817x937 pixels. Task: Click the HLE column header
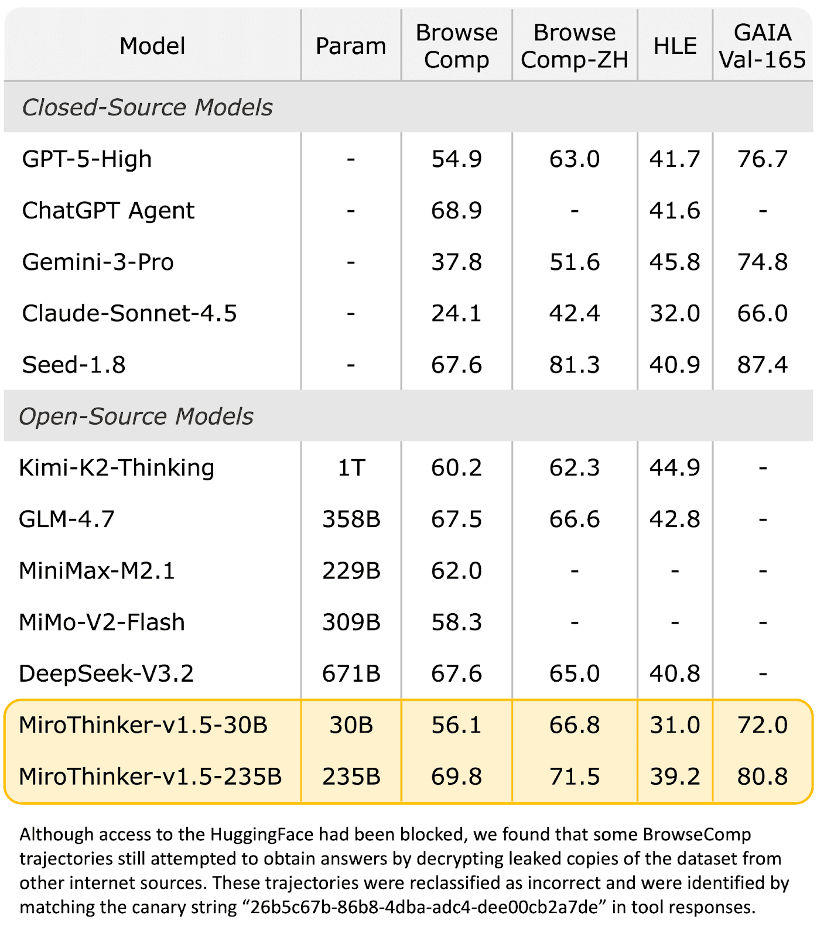(x=675, y=46)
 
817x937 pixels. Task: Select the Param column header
(x=351, y=46)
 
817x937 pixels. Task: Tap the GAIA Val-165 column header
(x=762, y=46)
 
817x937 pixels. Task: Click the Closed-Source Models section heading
(x=147, y=107)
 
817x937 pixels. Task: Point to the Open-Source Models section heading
(x=136, y=416)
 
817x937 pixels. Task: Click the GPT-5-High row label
(x=87, y=159)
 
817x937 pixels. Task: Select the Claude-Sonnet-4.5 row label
(x=129, y=313)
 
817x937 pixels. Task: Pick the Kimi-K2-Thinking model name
(x=117, y=468)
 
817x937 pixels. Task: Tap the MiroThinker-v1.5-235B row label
(x=151, y=777)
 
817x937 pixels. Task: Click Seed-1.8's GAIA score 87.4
(x=762, y=365)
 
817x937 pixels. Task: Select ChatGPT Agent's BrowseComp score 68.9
(x=456, y=210)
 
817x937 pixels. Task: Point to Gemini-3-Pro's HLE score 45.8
(x=675, y=262)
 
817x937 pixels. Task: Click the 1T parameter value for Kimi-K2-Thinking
(x=351, y=468)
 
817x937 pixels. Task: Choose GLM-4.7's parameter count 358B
(x=351, y=519)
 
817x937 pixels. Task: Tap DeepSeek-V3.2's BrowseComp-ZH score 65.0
(x=574, y=673)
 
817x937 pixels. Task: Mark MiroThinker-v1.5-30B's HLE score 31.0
(x=675, y=725)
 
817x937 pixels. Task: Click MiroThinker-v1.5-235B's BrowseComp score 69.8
(x=456, y=777)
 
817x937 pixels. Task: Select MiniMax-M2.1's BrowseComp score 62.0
(x=456, y=570)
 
